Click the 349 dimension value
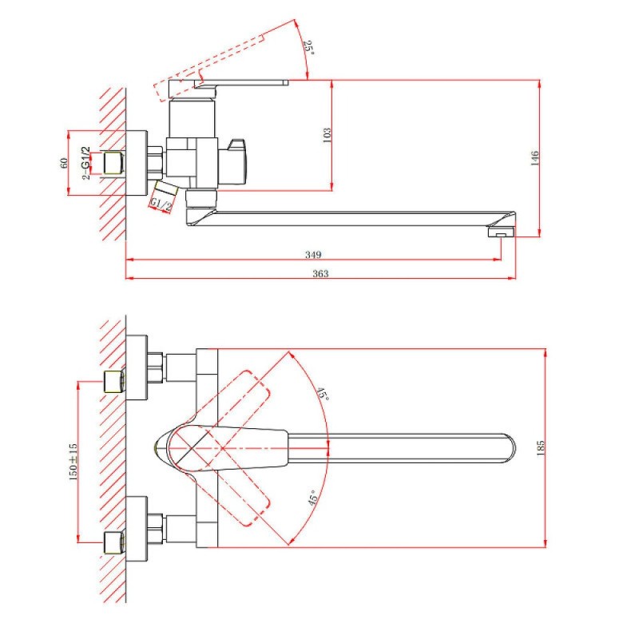click(313, 255)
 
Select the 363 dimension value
click(320, 273)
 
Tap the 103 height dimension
click(327, 135)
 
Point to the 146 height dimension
click(534, 158)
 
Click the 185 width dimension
click(541, 448)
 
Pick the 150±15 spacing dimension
click(73, 462)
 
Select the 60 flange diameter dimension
click(64, 163)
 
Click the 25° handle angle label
click(309, 47)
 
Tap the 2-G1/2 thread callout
click(85, 163)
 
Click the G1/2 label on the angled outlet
click(161, 204)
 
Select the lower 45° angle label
click(312, 498)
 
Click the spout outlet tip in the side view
click(501, 232)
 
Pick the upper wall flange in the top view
click(137, 367)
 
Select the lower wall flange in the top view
click(137, 529)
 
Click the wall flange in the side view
click(137, 163)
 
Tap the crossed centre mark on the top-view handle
click(192, 449)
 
